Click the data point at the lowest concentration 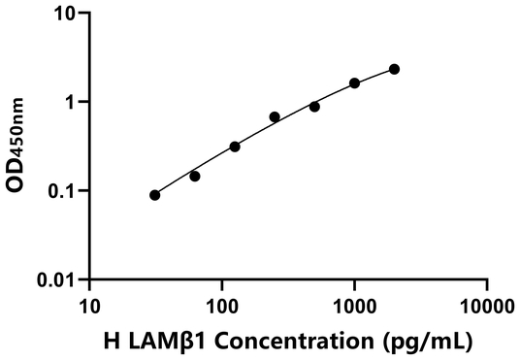point(155,195)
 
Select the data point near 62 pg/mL point(195,176)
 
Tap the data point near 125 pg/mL point(235,147)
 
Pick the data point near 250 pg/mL point(275,117)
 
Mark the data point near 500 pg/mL point(314,107)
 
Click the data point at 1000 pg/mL point(354,83)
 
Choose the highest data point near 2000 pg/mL point(394,69)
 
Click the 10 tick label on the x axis point(89,303)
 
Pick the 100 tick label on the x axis point(222,303)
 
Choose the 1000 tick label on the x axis point(354,303)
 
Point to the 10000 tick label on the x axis point(486,303)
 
